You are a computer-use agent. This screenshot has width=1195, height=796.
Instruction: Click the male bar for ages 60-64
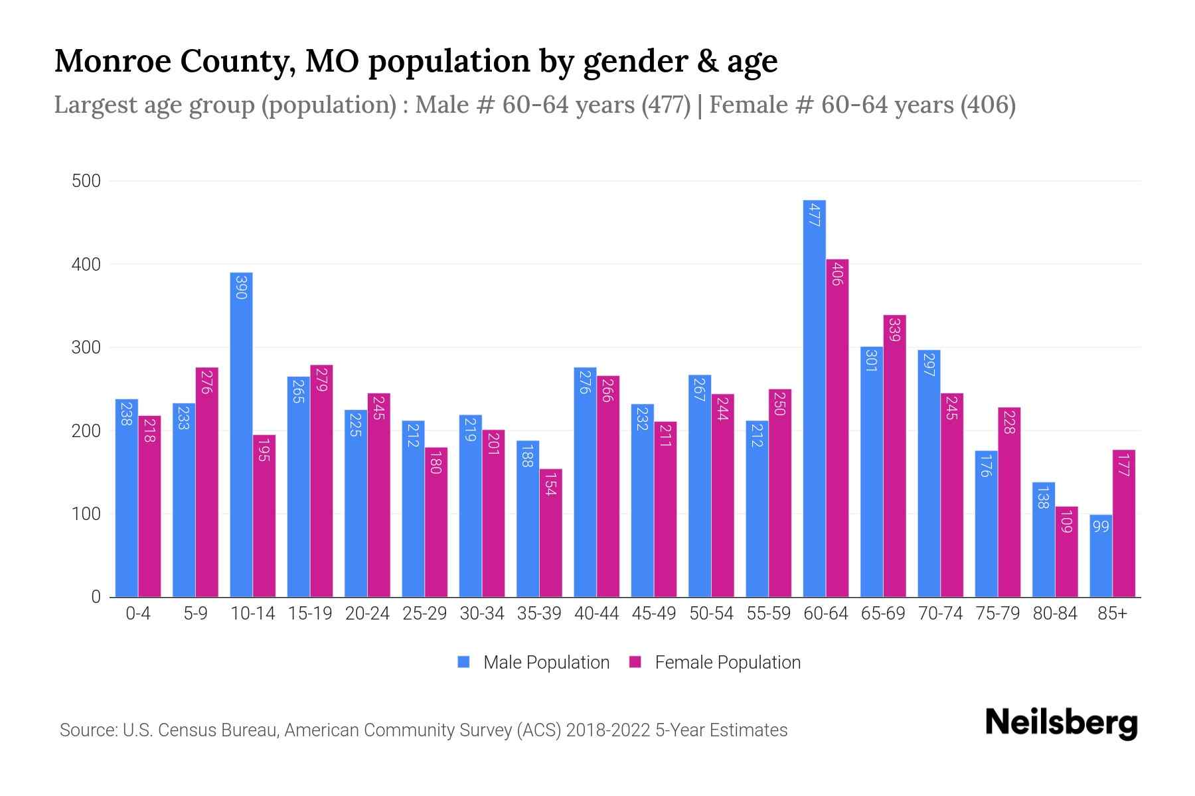click(x=814, y=398)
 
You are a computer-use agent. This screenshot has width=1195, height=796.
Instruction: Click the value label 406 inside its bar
click(x=837, y=274)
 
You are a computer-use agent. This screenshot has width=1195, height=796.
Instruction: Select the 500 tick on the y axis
click(x=86, y=181)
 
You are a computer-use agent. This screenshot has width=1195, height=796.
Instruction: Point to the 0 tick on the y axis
click(x=96, y=597)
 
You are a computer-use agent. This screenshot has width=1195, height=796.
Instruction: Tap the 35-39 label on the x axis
click(x=539, y=614)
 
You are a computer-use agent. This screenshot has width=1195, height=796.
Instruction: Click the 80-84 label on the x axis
click(x=1055, y=614)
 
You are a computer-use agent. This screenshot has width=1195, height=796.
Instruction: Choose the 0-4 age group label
click(x=138, y=614)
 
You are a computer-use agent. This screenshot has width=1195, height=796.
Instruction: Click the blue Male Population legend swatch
click(x=463, y=662)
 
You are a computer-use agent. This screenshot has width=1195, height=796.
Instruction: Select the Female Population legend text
click(x=727, y=662)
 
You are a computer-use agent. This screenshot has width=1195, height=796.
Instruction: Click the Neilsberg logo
click(x=1061, y=723)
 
